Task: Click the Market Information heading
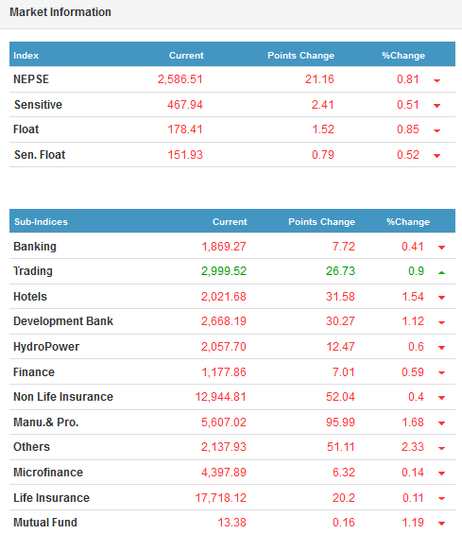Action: tap(60, 12)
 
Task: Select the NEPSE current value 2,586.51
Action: tap(180, 79)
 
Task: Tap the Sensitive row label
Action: tap(38, 105)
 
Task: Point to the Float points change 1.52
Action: tap(323, 129)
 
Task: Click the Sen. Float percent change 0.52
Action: tap(408, 155)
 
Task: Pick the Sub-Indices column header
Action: tap(41, 222)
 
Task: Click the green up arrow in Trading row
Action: tap(441, 272)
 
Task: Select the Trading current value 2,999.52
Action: tap(224, 271)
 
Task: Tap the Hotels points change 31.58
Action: tap(340, 297)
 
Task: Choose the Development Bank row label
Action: tap(63, 321)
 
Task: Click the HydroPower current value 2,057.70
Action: tap(223, 347)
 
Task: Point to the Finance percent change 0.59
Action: tap(413, 372)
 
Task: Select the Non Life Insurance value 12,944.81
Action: tap(220, 397)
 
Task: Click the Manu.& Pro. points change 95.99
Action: tap(340, 422)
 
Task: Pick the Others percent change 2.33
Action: tap(412, 447)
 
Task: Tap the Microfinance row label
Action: tap(48, 473)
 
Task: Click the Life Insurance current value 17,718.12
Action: tap(220, 498)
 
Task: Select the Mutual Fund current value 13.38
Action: tap(231, 523)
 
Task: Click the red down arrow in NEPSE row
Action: tap(436, 80)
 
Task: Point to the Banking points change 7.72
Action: tap(344, 247)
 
